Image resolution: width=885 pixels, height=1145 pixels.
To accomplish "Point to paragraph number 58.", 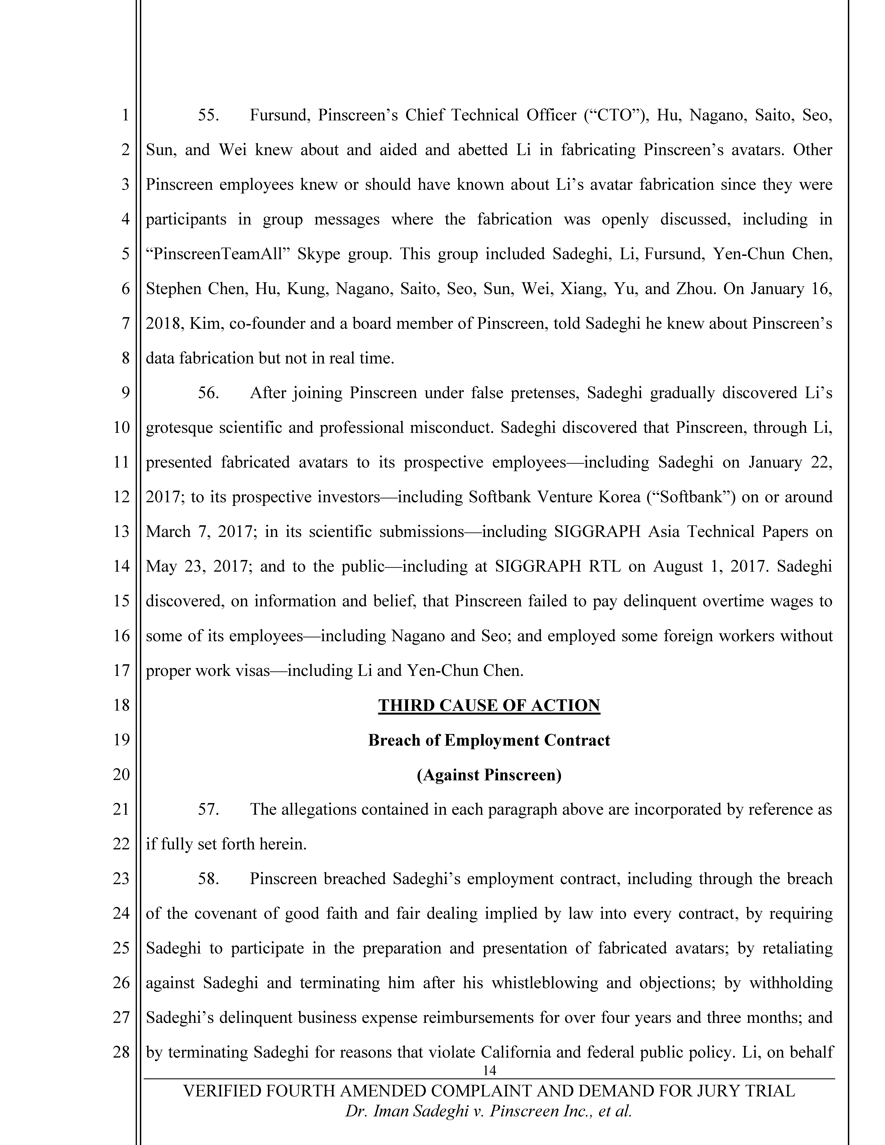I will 208,879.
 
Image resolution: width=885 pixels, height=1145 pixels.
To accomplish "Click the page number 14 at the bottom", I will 489,1070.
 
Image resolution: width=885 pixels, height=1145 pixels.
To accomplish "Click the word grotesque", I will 179,428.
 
